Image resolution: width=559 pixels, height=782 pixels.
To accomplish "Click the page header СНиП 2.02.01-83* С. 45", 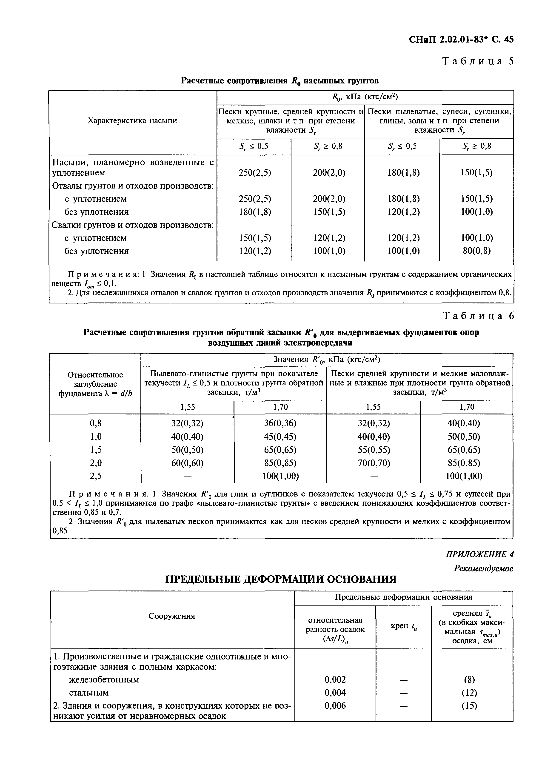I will [x=461, y=40].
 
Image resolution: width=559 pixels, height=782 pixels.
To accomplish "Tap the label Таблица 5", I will [x=478, y=61].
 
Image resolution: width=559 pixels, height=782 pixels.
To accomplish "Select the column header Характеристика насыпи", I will [x=133, y=121].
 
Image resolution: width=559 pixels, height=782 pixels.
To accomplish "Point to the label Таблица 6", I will [x=478, y=316].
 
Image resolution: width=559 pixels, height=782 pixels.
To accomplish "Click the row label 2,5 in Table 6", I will [x=96, y=476].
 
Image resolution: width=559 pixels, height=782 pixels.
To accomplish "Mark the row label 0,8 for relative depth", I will [x=96, y=423].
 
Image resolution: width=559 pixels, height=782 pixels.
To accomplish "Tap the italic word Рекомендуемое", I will [x=483, y=569].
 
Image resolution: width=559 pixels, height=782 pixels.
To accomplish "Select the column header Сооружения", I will [x=172, y=616].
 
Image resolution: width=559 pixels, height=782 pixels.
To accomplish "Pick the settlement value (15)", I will [x=470, y=706].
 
